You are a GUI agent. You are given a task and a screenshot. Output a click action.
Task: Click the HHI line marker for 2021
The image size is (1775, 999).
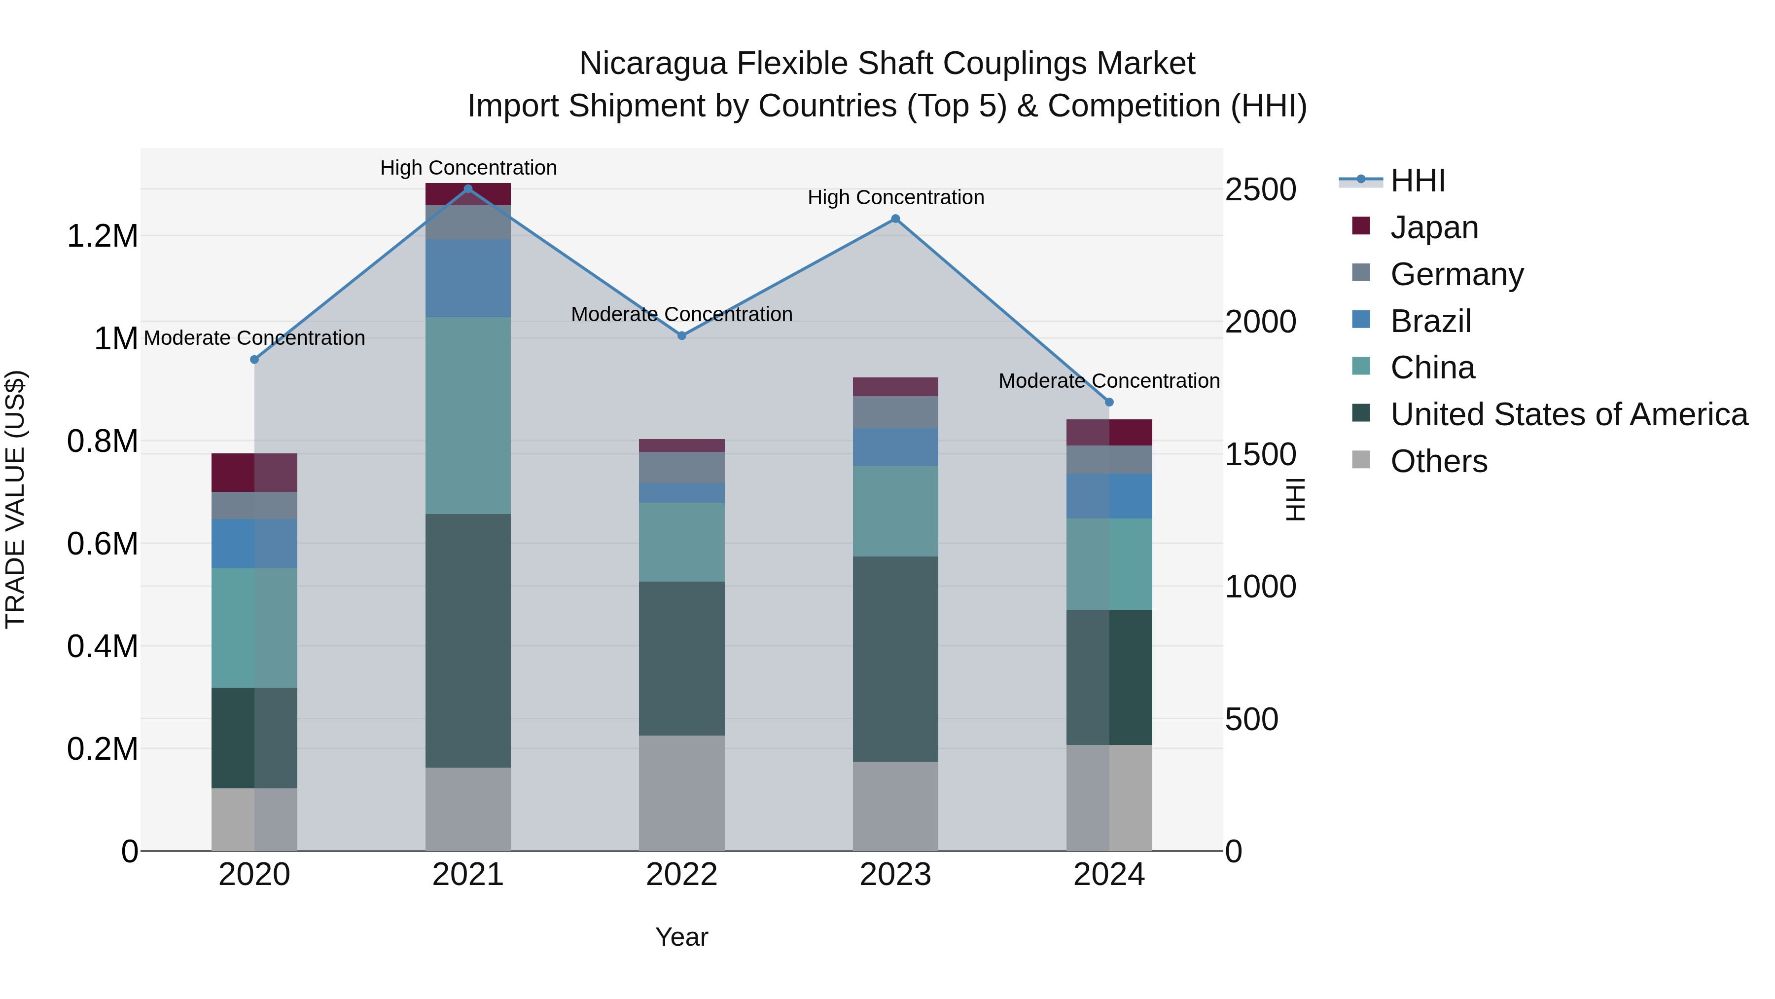click(468, 189)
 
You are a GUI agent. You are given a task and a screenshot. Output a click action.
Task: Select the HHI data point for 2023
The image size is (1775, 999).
click(895, 219)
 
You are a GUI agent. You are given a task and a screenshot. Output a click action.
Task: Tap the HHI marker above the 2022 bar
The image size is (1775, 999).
click(681, 336)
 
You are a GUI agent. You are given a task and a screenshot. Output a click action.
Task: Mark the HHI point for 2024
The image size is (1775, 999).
click(1109, 402)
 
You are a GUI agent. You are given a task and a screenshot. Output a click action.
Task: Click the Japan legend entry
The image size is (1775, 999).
click(1434, 227)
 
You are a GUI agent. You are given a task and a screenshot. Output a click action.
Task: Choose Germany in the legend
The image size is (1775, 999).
click(1456, 274)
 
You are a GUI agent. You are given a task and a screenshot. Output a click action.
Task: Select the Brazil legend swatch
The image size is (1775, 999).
click(1361, 320)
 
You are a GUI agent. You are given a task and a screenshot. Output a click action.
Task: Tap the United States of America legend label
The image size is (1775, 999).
click(1569, 414)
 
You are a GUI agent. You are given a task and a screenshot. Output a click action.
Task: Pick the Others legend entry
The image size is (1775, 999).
click(1439, 461)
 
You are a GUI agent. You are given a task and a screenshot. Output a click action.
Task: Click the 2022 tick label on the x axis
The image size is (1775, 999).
click(681, 875)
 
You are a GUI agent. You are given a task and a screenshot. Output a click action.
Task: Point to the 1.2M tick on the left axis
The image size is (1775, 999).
click(102, 236)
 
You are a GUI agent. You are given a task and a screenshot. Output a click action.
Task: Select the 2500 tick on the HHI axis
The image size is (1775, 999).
click(1260, 189)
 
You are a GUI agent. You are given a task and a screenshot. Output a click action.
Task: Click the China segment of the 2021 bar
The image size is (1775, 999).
click(468, 415)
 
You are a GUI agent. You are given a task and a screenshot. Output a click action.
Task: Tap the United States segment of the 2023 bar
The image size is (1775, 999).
click(895, 659)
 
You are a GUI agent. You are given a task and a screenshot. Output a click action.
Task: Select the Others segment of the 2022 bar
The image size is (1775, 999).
click(681, 793)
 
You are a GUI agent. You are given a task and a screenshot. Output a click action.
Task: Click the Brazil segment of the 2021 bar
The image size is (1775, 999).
click(468, 278)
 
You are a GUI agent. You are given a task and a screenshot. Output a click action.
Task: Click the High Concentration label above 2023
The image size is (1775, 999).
click(895, 198)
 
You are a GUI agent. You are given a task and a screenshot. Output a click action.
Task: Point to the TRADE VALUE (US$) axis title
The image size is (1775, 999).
click(15, 499)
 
